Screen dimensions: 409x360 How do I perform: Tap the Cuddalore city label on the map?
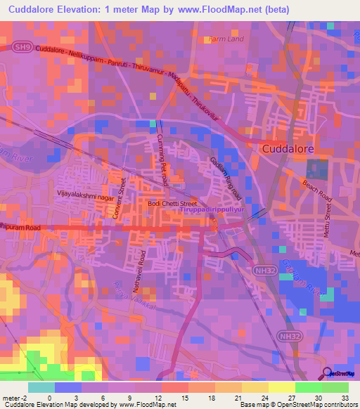tap(288, 149)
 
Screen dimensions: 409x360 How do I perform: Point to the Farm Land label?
tap(226, 40)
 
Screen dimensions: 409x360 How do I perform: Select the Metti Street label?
tap(327, 231)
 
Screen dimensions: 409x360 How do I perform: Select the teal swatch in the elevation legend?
tap(41, 387)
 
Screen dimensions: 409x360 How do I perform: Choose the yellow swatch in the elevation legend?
tap(282, 387)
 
